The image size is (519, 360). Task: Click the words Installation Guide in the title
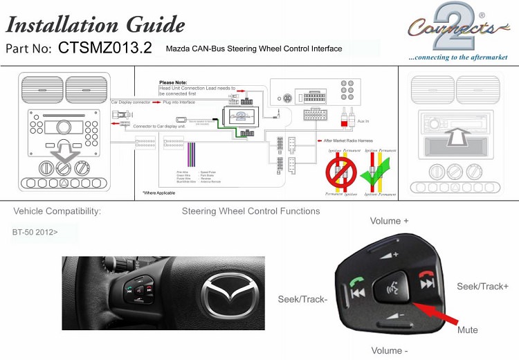(x=95, y=26)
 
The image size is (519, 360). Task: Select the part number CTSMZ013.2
(x=104, y=48)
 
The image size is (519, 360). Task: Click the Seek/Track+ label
(x=482, y=286)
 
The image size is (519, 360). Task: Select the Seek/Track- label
(x=302, y=298)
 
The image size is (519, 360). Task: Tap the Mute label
(x=467, y=330)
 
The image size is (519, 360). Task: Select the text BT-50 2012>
(x=35, y=232)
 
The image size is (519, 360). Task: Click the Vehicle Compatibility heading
(x=57, y=211)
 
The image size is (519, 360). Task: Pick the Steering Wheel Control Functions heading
(x=251, y=211)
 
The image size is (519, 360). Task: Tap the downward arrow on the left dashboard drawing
(x=64, y=150)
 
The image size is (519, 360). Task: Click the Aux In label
(x=363, y=122)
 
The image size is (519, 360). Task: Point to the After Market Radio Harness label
(x=354, y=141)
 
